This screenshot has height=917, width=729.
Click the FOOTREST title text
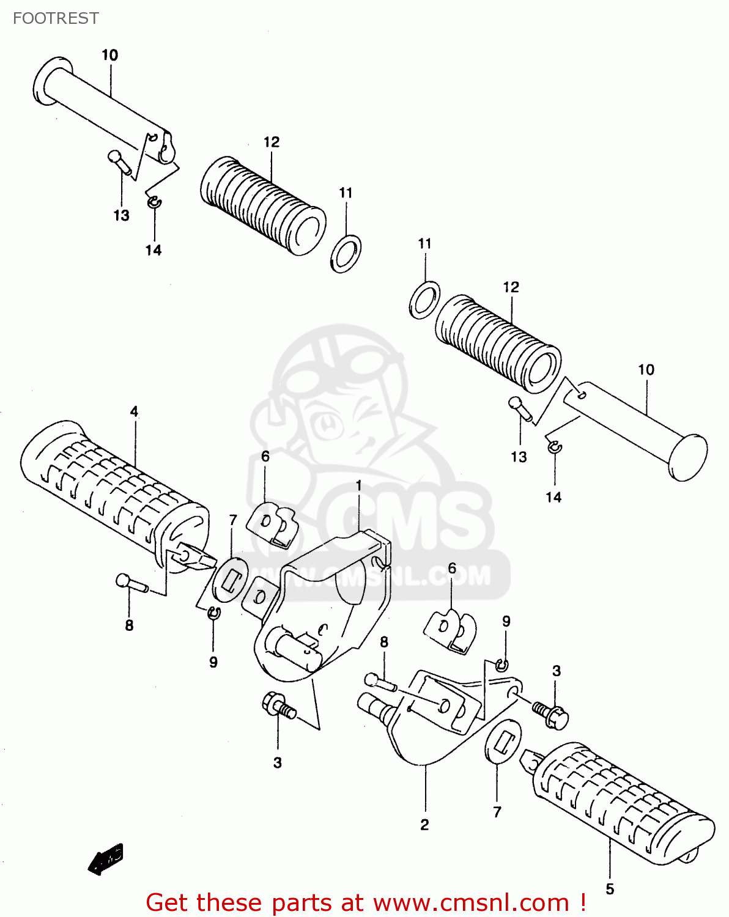56,18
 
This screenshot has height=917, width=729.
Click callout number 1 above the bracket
359,485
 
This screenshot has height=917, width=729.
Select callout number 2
424,825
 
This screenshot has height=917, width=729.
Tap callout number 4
134,411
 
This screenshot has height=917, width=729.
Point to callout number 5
610,889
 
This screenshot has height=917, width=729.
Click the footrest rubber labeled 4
110,489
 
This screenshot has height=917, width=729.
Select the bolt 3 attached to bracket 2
550,713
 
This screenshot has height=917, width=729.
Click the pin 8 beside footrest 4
130,583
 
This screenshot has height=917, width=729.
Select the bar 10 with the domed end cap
636,422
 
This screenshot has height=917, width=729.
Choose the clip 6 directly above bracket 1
272,523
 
